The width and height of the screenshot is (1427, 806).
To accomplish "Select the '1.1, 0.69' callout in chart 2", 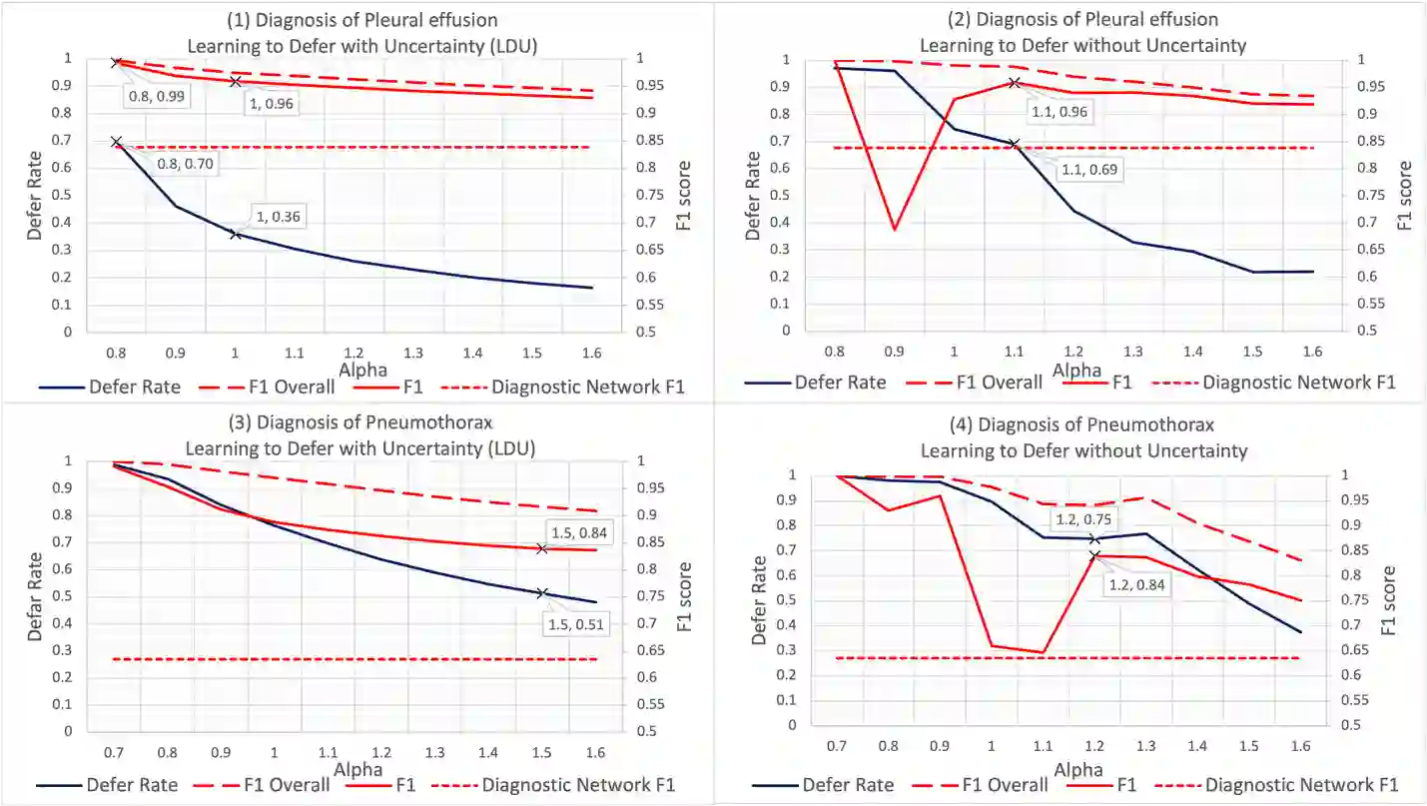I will click(x=1089, y=171).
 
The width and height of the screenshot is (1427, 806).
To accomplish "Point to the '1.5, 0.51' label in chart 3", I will click(x=578, y=625).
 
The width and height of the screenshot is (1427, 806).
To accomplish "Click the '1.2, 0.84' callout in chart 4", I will click(x=1136, y=584).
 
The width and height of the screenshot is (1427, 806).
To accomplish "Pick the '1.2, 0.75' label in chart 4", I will click(x=1086, y=519).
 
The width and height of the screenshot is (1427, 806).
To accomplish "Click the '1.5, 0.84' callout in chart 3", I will click(x=579, y=532).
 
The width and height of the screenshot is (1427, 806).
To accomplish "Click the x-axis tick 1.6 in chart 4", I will click(x=1299, y=745).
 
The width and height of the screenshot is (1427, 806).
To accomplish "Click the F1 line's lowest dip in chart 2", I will click(x=895, y=230).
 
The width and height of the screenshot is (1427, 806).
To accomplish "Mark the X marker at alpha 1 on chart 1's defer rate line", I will click(x=236, y=234).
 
